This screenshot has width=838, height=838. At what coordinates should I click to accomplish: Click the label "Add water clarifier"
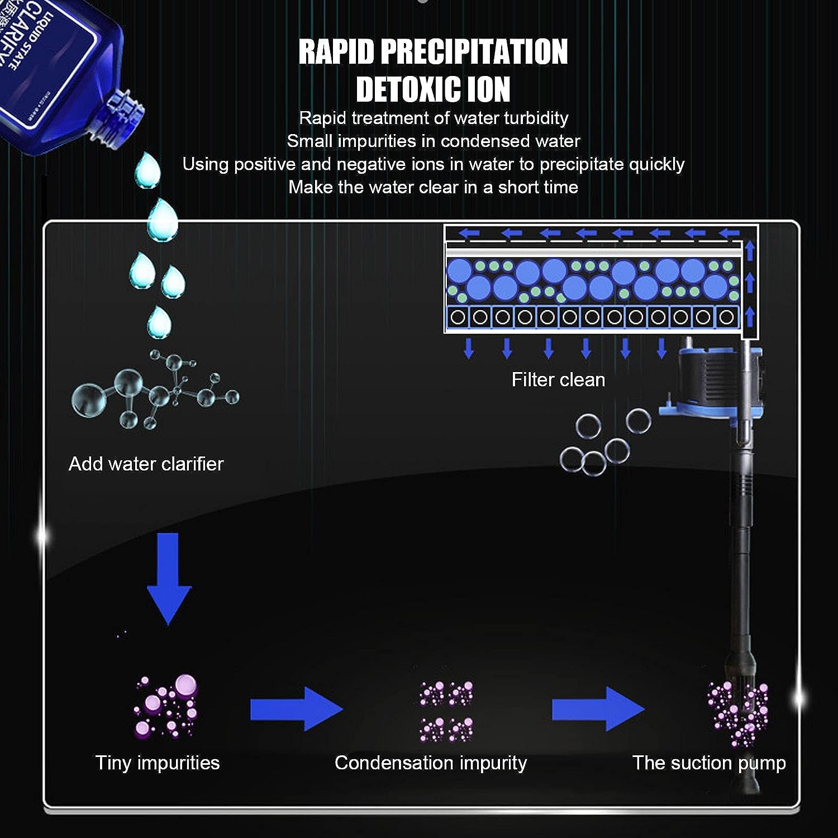click(146, 464)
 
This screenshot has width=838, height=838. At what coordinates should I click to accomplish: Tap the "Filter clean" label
click(558, 380)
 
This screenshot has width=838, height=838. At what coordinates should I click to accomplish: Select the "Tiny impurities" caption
click(158, 763)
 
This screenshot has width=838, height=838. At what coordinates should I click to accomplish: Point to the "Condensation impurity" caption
click(431, 763)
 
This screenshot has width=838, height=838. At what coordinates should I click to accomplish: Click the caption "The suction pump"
click(709, 763)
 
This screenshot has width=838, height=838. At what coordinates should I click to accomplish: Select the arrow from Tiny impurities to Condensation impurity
click(296, 708)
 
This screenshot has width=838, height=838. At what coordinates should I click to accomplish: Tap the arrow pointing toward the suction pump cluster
click(598, 708)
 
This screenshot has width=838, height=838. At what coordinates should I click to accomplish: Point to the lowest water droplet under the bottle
click(159, 322)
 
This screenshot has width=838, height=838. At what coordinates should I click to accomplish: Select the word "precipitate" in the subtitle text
click(582, 164)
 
